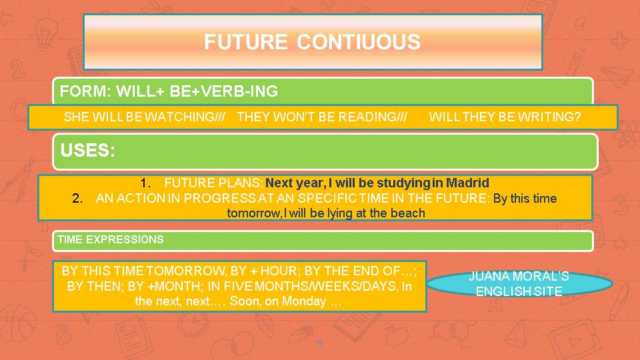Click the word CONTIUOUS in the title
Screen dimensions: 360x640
(359, 42)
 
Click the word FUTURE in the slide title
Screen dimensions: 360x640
(245, 42)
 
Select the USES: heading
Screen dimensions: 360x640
(87, 151)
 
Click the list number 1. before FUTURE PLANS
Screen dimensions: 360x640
(146, 183)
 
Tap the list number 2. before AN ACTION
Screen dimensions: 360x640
(77, 198)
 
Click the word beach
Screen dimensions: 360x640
(409, 213)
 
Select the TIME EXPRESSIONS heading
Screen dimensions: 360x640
(110, 239)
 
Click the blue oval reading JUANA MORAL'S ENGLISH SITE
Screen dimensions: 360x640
(519, 284)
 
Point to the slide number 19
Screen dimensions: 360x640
(319, 343)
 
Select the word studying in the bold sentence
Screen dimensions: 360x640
(403, 183)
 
